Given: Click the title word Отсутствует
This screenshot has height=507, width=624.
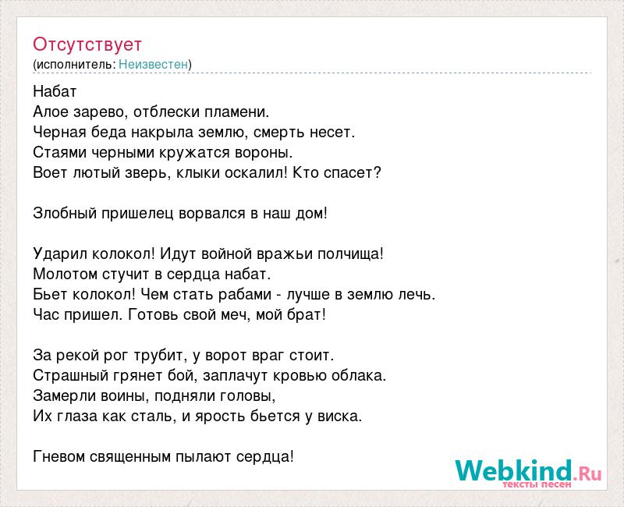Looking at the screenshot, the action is (x=87, y=44).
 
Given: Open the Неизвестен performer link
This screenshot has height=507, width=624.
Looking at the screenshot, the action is (x=153, y=64).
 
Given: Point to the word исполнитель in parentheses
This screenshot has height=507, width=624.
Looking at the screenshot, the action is (x=75, y=65).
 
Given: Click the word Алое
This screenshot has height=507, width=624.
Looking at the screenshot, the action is (x=50, y=112).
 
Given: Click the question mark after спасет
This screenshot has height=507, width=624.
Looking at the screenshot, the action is (x=378, y=172).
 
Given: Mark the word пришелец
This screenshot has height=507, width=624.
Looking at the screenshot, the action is (x=137, y=214).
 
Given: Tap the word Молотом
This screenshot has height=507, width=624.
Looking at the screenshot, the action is (x=66, y=275).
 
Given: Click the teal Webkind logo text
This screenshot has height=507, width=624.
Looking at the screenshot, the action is (x=513, y=471).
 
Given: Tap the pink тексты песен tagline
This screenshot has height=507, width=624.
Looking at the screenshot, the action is (x=537, y=484).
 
